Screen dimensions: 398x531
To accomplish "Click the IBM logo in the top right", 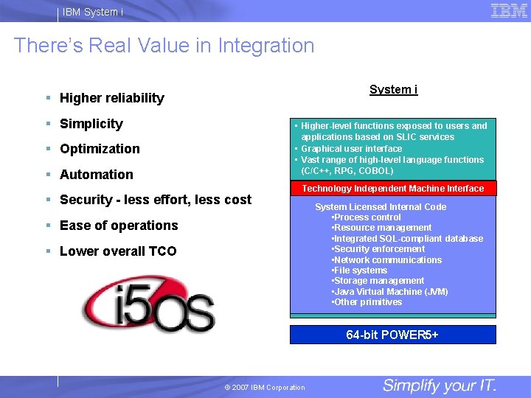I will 508,10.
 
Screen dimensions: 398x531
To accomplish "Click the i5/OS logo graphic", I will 148,304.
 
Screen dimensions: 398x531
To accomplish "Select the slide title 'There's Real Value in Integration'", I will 164,46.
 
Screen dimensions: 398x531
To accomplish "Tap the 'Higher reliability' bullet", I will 111,98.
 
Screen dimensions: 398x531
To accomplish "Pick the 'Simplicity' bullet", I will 91,124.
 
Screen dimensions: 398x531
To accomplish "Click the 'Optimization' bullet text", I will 100,149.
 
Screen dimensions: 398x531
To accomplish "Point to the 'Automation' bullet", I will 96,175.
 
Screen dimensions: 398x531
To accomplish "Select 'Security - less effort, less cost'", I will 155,200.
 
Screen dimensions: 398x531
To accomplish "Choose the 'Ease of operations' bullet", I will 119,226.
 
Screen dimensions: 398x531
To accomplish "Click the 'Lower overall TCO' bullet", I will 118,251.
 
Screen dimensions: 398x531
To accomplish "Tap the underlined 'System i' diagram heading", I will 393,90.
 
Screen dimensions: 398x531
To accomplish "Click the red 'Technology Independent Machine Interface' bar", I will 393,189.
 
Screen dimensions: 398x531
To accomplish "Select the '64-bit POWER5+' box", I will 393,335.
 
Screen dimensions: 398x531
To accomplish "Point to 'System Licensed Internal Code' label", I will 381,207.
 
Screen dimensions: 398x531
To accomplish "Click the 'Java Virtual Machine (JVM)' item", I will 391,292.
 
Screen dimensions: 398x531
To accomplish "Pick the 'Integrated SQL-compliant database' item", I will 408,239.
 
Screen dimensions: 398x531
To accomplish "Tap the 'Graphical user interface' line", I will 352,148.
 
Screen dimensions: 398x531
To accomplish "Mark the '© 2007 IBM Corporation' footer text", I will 265,388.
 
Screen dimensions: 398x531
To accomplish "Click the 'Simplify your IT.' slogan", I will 440,385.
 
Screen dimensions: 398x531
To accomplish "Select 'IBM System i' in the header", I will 93,11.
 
